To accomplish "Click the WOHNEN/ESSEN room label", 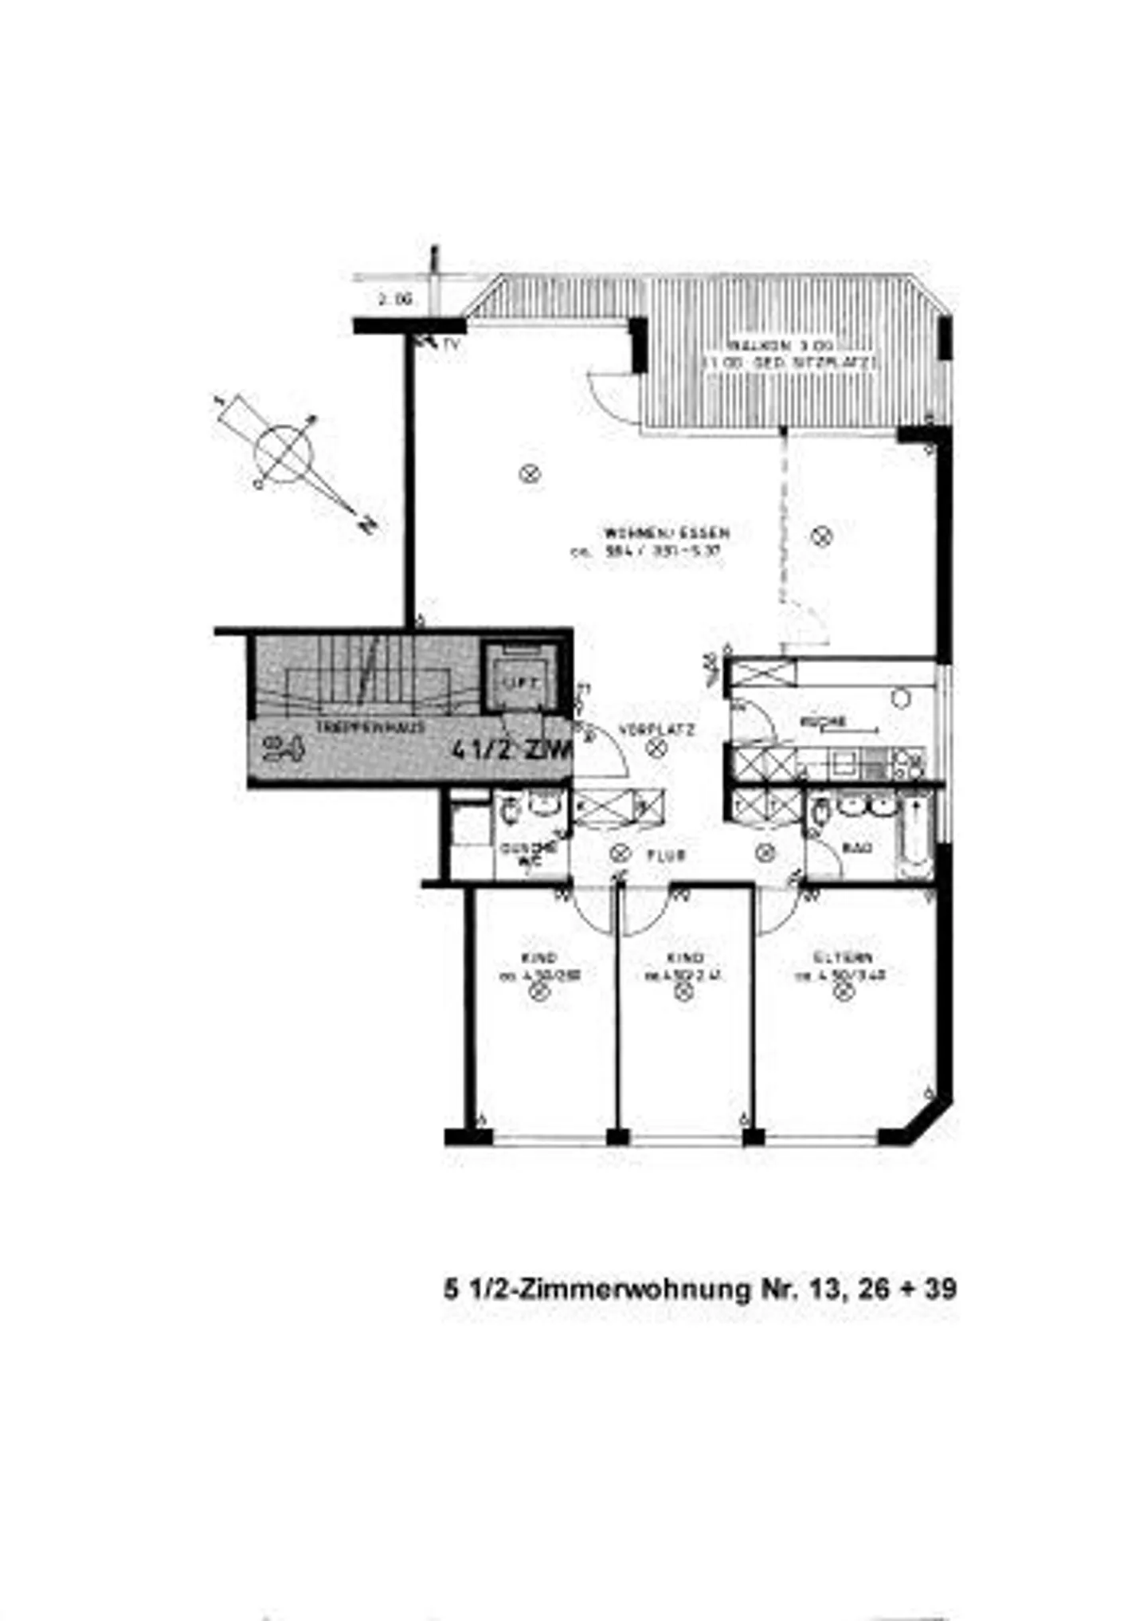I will click(667, 533).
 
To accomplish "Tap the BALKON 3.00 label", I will click(780, 346).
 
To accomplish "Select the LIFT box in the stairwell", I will click(520, 682).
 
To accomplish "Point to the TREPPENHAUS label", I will click(370, 727).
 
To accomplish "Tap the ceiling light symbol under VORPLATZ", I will click(656, 748).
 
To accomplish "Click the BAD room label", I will click(857, 848).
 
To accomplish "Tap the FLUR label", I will click(667, 856).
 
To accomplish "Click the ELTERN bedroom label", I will click(844, 957).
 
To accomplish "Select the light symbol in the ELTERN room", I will click(842, 992).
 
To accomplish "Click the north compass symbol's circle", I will click(284, 455).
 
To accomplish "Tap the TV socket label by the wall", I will click(451, 344).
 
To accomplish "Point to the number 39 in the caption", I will click(940, 1289).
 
